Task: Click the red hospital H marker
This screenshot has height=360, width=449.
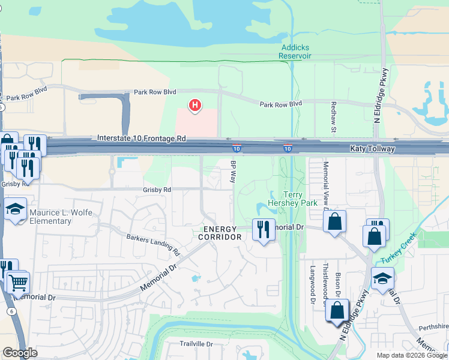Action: coord(194,106)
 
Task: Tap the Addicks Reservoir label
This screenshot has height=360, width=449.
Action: coord(295,52)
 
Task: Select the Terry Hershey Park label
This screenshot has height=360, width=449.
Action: coord(292,199)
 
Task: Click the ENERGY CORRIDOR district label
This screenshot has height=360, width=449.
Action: coord(221,233)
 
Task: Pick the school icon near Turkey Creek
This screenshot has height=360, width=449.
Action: coord(382,278)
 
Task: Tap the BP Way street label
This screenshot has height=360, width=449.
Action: coord(234,172)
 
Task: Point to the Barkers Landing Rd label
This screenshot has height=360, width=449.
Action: coord(153,242)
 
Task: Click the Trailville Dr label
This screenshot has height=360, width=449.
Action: coord(197,344)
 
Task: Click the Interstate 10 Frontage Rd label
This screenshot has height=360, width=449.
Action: coord(142,139)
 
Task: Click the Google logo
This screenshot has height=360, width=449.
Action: coord(20,353)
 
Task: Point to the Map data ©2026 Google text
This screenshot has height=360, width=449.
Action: coord(411,355)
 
